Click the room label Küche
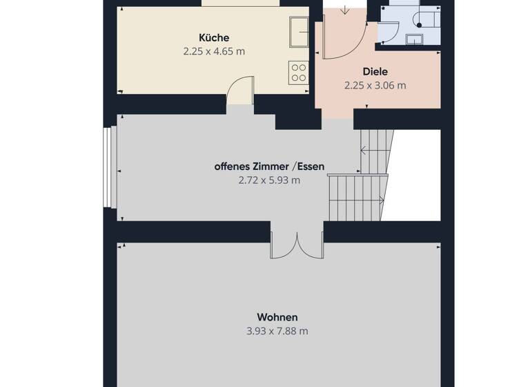point(213,38)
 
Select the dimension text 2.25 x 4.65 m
point(213,51)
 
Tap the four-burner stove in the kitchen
point(299,73)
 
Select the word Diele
point(375,71)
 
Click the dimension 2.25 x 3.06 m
point(375,86)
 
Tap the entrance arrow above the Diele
point(344,10)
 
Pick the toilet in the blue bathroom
point(420,19)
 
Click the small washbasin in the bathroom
point(415,39)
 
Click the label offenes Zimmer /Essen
point(269,167)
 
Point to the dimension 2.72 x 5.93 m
point(269,180)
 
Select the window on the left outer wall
point(107,167)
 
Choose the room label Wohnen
point(277,317)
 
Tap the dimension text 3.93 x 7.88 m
point(277,331)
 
